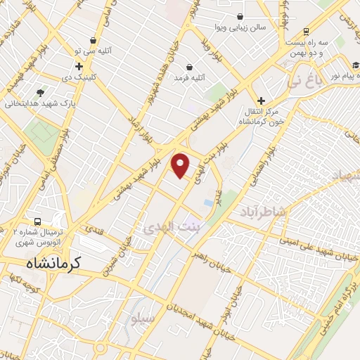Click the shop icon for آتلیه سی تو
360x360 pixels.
click(94, 41)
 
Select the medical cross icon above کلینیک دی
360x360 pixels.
click(79, 66)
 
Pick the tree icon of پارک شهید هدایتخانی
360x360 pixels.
click(40, 92)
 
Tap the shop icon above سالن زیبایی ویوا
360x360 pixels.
click(240, 16)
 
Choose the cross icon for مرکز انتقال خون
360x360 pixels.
click(262, 101)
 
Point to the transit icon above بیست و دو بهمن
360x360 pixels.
click(307, 32)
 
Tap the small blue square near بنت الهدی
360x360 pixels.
click(209, 202)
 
